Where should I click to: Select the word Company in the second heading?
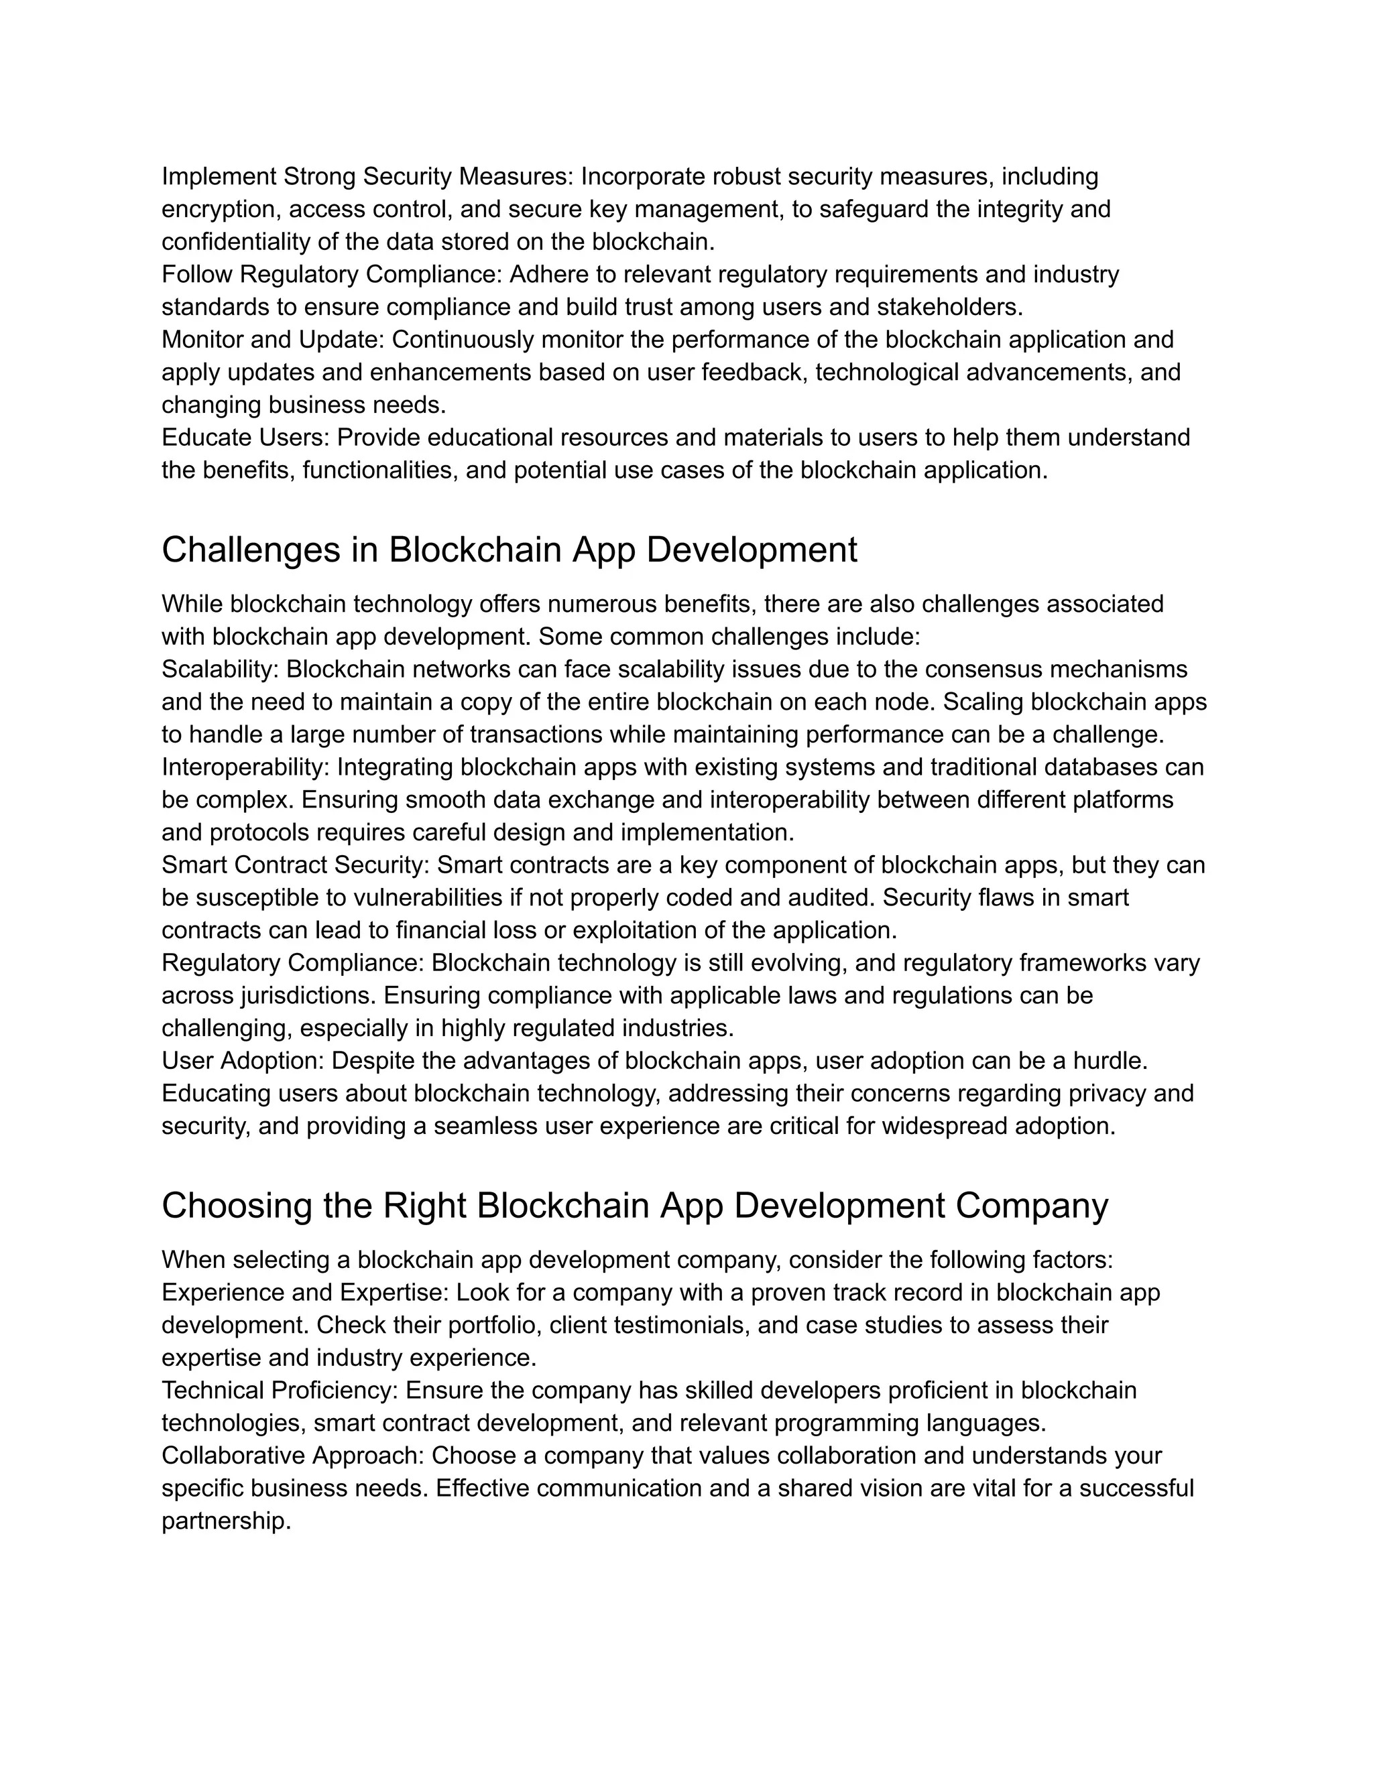tap(1031, 1206)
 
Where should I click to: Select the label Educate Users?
tap(244, 438)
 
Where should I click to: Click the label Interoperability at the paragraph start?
tap(245, 767)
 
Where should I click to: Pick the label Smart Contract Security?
tap(294, 865)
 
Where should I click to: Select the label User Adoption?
tap(243, 1061)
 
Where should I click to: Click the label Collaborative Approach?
tap(293, 1456)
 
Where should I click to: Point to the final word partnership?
tap(225, 1521)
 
